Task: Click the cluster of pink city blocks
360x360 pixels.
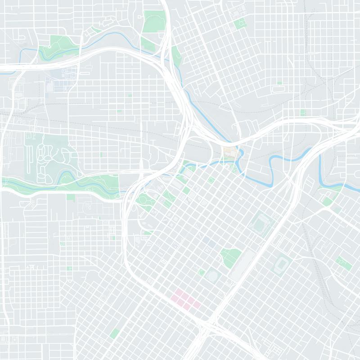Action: pos(186,299)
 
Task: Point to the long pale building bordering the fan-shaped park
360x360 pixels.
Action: pos(240,265)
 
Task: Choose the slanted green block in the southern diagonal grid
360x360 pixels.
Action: pos(115,333)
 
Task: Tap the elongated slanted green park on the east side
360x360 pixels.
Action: pos(344,263)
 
